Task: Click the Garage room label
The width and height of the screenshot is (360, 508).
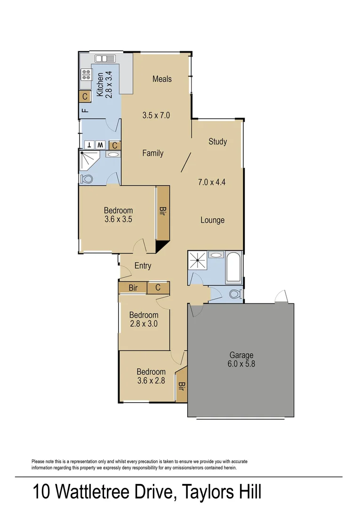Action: tap(241, 355)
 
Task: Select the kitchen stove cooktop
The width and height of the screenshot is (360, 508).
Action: tap(86, 74)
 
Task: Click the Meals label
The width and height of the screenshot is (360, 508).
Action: tap(162, 79)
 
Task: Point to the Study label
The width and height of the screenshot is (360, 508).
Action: tap(217, 142)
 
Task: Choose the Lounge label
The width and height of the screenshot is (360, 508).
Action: tap(212, 220)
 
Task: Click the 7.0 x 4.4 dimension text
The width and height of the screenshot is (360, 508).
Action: tap(212, 182)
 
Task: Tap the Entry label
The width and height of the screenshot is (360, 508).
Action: tap(143, 266)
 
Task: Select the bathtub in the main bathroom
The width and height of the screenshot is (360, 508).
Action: tap(233, 267)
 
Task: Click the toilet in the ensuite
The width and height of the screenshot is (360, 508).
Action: tap(88, 179)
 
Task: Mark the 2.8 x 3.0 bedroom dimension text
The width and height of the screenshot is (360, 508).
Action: tap(144, 324)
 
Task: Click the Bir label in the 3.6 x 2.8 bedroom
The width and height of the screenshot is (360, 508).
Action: tap(181, 387)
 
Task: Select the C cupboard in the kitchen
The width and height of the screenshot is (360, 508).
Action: tap(85, 96)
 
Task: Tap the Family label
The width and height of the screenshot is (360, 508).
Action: tap(153, 153)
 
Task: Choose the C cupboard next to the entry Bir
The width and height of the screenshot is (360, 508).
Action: tap(158, 287)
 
